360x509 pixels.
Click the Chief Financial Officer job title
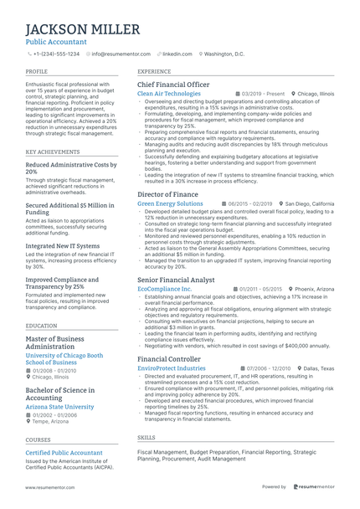(x=173, y=85)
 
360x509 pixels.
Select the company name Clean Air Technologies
(x=169, y=94)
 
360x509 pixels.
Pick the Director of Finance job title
(x=167, y=194)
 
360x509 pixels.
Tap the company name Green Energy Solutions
(x=170, y=203)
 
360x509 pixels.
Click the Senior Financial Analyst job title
(x=176, y=279)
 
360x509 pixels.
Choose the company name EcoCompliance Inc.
(x=164, y=289)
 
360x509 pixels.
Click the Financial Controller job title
(x=168, y=358)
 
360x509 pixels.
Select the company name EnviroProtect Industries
(x=171, y=368)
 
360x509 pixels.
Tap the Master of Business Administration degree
(x=56, y=342)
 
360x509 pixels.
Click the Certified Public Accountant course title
(x=64, y=452)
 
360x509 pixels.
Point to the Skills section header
(x=146, y=437)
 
